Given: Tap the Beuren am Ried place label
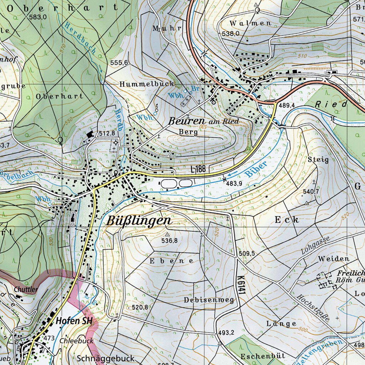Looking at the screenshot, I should [203, 121].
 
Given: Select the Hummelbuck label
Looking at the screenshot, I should [147, 84].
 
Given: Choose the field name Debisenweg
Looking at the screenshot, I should [209, 300].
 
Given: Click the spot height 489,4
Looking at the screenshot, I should [287, 106].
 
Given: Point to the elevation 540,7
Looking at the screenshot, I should [310, 192].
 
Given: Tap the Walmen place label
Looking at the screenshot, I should [250, 23].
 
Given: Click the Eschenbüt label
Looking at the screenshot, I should [263, 356].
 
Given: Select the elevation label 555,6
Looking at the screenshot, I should [119, 63].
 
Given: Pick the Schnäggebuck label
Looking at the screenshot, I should [106, 358].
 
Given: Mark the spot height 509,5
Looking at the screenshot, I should [247, 253].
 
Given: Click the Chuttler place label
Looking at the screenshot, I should [26, 289].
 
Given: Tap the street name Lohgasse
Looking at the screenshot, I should [316, 245].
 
